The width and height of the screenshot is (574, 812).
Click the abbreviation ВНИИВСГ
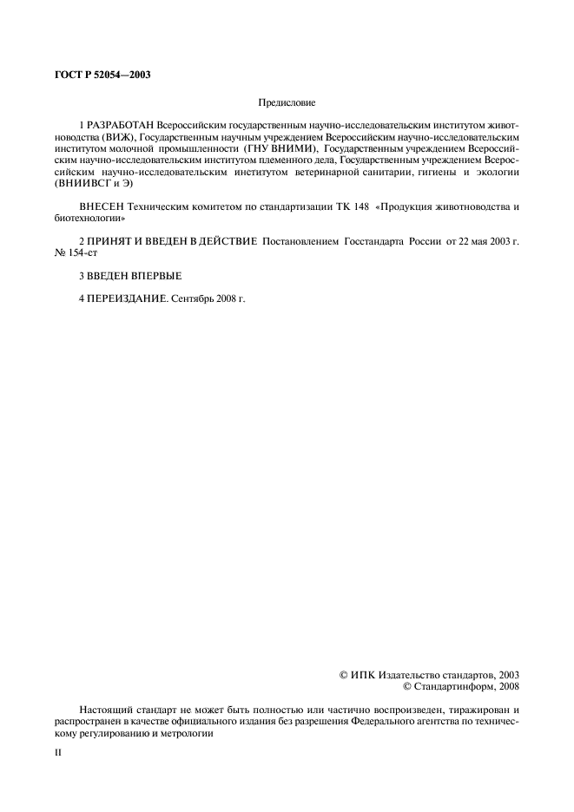(x=84, y=183)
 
